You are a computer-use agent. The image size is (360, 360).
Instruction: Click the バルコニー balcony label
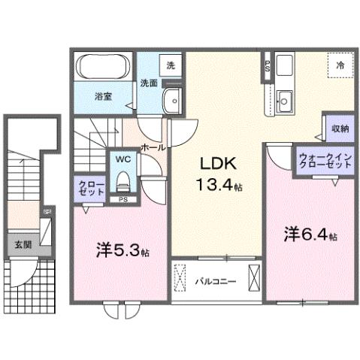click(x=216, y=282)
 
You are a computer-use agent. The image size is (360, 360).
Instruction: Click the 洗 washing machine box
click(x=171, y=65)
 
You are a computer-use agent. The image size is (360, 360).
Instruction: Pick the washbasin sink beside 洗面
click(x=174, y=98)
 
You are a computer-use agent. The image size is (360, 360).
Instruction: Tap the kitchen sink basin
click(x=284, y=98)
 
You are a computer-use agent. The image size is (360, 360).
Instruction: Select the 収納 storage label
click(x=340, y=129)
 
